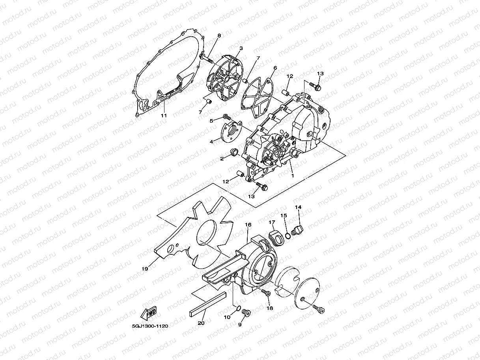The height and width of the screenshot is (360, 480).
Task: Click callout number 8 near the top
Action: click(219, 36)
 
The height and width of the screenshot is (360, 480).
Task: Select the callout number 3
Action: click(241, 48)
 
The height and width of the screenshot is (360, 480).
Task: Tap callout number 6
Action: click(275, 68)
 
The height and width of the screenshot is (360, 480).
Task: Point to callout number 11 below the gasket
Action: click(164, 116)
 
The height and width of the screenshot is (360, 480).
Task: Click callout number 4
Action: click(211, 141)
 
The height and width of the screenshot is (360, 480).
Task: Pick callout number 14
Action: click(298, 207)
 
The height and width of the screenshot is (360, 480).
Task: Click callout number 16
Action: click(248, 224)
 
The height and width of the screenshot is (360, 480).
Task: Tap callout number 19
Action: click(145, 269)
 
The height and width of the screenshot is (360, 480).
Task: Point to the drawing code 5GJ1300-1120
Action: click(150, 326)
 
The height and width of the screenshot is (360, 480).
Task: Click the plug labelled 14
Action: click(299, 229)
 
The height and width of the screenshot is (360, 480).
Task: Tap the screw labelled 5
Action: click(227, 117)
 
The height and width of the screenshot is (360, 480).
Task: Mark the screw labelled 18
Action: click(266, 293)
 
